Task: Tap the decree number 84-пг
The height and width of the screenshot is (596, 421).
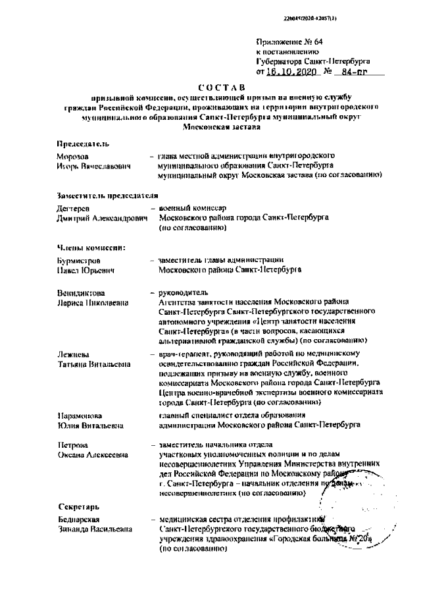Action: (x=353, y=72)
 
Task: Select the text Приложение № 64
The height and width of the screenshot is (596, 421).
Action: (x=285, y=41)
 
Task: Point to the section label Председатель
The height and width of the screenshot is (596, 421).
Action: (x=83, y=144)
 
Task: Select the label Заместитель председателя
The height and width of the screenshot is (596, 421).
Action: (x=108, y=196)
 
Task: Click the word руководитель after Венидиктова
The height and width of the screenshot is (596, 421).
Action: (x=184, y=292)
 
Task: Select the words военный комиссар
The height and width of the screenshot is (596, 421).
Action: (x=192, y=208)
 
